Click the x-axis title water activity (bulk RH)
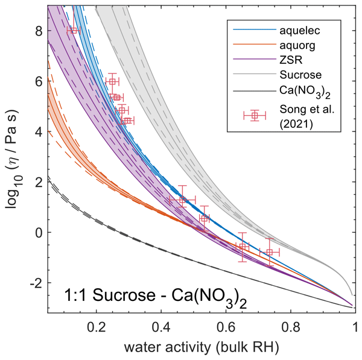coord(201,348)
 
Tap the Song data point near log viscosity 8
coord(74,30)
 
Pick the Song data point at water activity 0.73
coord(269,252)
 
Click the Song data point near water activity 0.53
coord(204,218)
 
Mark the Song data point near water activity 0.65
coord(243,247)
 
